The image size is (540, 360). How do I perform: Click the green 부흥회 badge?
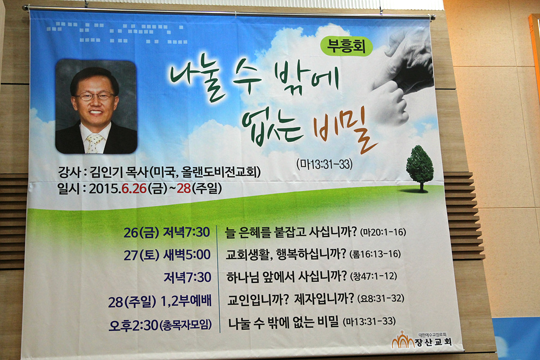(x=347, y=46)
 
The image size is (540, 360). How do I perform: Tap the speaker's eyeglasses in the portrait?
(x=94, y=96)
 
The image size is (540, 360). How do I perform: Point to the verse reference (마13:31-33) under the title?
(x=325, y=164)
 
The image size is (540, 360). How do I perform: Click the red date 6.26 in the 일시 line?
(x=134, y=188)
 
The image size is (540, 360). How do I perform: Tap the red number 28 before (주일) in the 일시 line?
(x=184, y=188)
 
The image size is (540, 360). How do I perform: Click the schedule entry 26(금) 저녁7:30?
(x=167, y=233)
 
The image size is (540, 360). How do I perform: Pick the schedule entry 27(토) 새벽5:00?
(x=167, y=255)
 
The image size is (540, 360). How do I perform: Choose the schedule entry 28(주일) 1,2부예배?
(x=160, y=302)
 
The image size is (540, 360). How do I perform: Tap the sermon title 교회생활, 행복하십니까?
(x=286, y=254)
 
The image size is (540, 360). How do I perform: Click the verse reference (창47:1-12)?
(x=374, y=276)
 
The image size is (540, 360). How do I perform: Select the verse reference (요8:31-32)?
(x=381, y=298)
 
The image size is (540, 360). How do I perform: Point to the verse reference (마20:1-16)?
(x=383, y=232)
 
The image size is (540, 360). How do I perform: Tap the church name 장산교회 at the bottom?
(x=433, y=342)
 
